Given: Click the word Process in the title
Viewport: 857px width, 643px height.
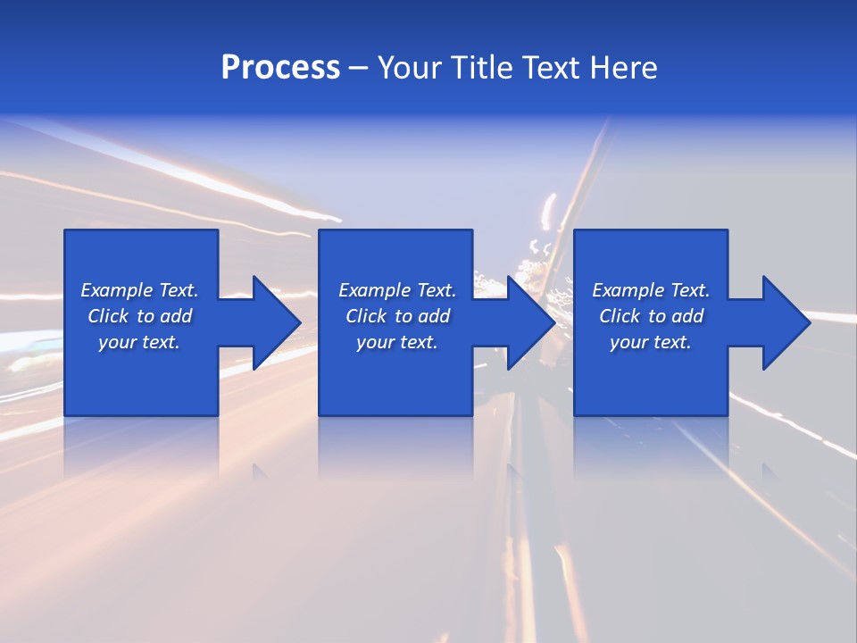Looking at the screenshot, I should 280,68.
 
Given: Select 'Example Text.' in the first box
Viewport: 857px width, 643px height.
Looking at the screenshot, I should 139,290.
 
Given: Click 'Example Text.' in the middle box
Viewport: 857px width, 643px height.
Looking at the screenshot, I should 397,290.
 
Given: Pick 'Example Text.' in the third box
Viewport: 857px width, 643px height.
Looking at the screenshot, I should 651,290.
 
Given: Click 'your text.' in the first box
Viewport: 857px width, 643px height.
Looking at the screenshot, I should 139,342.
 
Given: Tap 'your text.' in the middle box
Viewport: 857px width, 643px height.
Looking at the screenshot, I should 397,342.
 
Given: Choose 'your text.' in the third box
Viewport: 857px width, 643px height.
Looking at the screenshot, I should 651,342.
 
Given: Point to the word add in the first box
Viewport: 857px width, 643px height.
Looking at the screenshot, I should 176,316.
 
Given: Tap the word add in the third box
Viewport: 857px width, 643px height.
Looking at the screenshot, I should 687,316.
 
